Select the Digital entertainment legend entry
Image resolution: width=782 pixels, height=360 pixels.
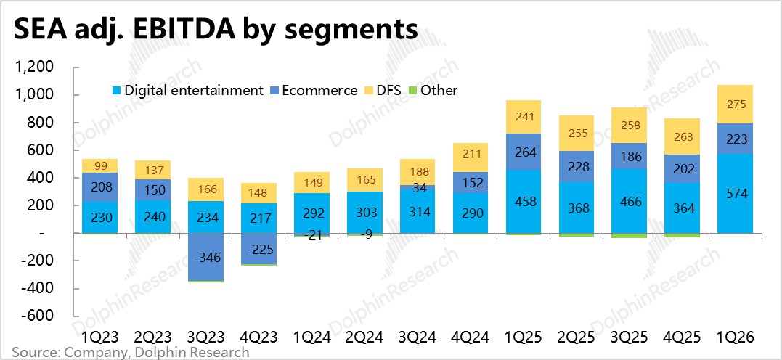(187, 90)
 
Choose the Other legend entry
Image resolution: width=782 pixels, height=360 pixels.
(433, 90)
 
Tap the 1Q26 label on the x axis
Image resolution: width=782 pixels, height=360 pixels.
(735, 336)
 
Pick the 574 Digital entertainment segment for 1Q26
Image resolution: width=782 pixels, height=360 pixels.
(735, 194)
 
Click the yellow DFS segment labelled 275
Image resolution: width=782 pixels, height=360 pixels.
(735, 105)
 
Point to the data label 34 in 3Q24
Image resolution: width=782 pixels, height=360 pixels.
(416, 187)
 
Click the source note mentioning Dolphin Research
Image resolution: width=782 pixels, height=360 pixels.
(130, 352)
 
